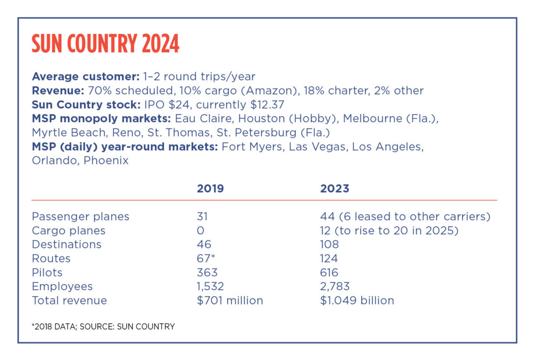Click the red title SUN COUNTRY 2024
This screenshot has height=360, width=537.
[105, 45]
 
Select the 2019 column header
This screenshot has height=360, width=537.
[210, 189]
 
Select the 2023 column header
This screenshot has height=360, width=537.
[335, 189]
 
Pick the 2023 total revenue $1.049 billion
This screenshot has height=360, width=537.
[357, 301]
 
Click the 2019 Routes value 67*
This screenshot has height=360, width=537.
[206, 258]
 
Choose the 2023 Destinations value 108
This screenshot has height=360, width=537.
[329, 244]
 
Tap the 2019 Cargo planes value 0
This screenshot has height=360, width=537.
[200, 231]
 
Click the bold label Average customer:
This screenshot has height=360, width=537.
[85, 77]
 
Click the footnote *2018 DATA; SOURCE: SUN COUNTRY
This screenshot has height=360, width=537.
[103, 326]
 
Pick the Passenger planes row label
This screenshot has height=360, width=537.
[80, 216]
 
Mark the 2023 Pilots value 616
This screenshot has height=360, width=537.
[329, 272]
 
